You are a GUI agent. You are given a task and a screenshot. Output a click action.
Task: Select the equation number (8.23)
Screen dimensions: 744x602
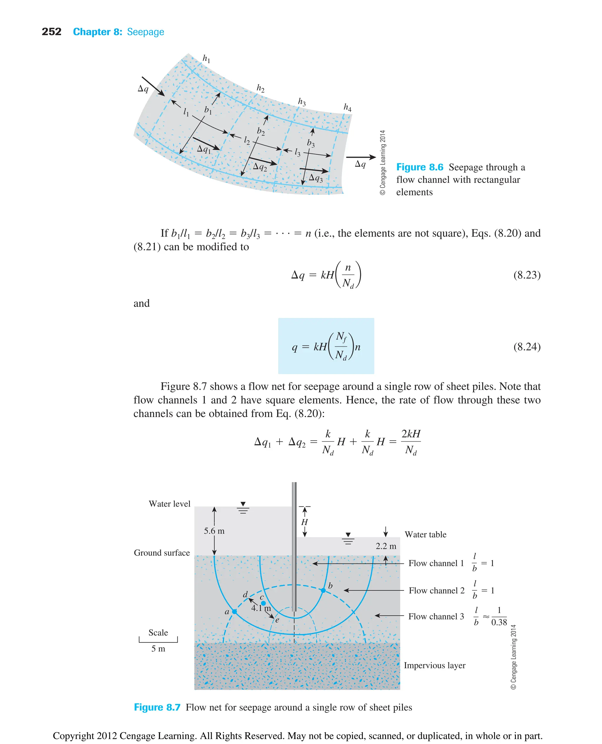[x=526, y=275]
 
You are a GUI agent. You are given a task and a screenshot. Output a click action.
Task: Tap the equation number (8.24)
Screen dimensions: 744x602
[x=526, y=347]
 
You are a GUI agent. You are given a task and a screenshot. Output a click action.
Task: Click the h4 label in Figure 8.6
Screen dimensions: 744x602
[x=347, y=107]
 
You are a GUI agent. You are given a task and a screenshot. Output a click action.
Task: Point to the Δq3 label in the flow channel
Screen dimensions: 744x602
[x=316, y=178]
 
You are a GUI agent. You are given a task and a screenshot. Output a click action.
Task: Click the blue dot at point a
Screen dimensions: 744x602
[x=234, y=612]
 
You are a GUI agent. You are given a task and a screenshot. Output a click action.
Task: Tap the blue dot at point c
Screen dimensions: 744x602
[x=263, y=603]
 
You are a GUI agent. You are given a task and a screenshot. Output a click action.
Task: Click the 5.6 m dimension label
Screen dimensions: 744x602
[x=214, y=531]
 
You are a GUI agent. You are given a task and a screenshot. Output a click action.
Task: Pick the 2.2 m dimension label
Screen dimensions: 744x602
[x=386, y=546]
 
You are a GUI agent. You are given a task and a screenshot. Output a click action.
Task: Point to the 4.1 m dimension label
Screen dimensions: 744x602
[x=261, y=608]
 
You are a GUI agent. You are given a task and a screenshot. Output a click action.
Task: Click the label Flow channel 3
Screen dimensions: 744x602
[x=436, y=617]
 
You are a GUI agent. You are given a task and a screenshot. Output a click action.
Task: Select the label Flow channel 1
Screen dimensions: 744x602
[x=436, y=563]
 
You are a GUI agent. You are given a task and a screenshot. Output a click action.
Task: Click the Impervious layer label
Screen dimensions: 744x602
[x=434, y=665]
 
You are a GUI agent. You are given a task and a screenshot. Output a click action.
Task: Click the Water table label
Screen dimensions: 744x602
[x=426, y=534]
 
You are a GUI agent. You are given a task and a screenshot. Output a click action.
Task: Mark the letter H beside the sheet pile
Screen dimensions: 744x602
[x=305, y=522]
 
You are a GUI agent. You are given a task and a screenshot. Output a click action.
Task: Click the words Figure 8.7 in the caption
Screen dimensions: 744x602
[x=157, y=707]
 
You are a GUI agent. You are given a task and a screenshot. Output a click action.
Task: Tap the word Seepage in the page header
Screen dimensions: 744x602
[x=145, y=32]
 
